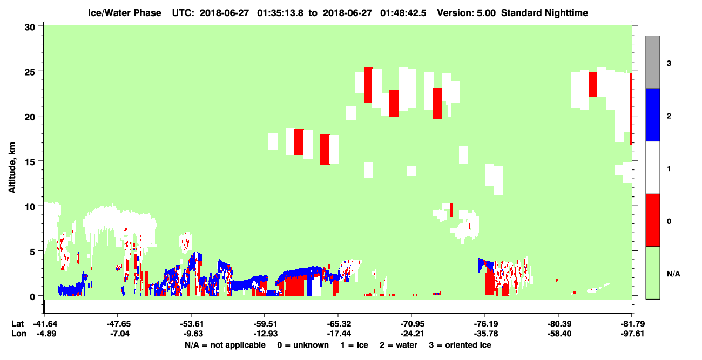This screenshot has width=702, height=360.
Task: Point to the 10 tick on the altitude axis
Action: pyautogui.click(x=40, y=206)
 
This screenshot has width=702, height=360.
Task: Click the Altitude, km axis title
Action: pyautogui.click(x=12, y=167)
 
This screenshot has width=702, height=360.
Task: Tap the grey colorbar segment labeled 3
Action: pyautogui.click(x=652, y=62)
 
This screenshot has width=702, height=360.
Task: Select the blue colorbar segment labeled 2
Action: pyautogui.click(x=652, y=114)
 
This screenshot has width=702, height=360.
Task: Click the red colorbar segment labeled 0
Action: pyautogui.click(x=652, y=220)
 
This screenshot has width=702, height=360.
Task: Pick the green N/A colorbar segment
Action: pyautogui.click(x=652, y=273)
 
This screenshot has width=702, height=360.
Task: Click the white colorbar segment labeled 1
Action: pyautogui.click(x=652, y=168)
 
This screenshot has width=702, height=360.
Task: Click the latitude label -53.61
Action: pyautogui.click(x=191, y=324)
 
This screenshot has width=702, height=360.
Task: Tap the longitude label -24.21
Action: pyautogui.click(x=412, y=334)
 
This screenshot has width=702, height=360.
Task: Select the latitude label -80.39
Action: pyautogui.click(x=559, y=324)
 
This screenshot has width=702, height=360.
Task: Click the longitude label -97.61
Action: pyautogui.click(x=632, y=334)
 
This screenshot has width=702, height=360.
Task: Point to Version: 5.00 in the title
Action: pyautogui.click(x=467, y=13)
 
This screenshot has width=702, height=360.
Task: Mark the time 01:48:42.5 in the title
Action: pyautogui.click(x=403, y=13)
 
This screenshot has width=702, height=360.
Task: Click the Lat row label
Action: pyautogui.click(x=17, y=324)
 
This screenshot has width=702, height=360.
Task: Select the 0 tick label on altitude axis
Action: pyautogui.click(x=32, y=297)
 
